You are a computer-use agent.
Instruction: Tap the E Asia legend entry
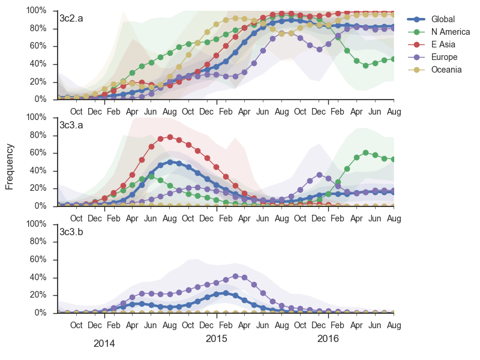[x=444, y=44]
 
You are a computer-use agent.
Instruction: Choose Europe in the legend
[x=444, y=57]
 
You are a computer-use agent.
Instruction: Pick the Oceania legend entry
[x=446, y=70]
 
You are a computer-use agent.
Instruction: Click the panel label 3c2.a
[x=71, y=18]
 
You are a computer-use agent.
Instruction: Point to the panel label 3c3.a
[x=71, y=125]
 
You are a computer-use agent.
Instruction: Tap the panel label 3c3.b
[x=71, y=232]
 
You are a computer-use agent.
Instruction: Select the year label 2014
[x=104, y=344]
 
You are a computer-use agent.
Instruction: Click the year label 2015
[x=217, y=338]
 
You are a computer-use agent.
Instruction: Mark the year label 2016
[x=328, y=338]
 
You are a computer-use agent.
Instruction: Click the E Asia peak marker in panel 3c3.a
[x=170, y=137]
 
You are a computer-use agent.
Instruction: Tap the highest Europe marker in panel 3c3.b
[x=235, y=276]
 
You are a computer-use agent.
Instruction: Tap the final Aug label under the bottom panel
[x=394, y=325]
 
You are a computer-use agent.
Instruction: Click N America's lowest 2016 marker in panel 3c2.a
[x=366, y=65]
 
